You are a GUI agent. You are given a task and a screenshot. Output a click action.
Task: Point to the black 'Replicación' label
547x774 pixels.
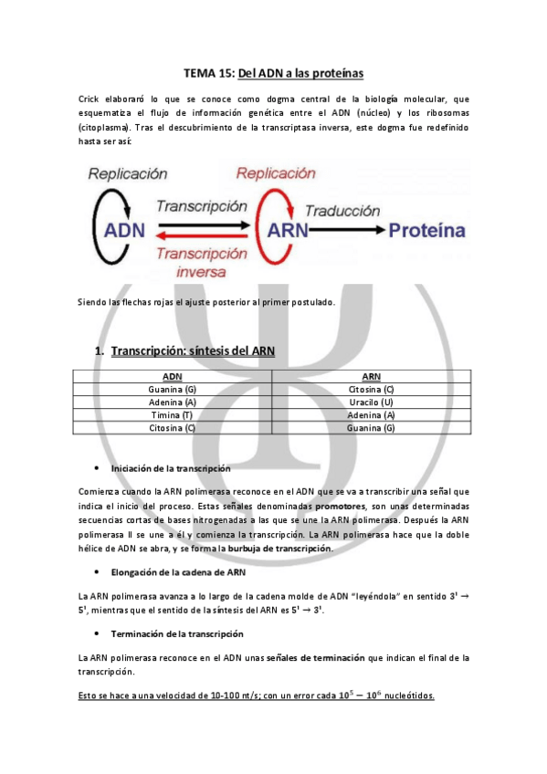click(128, 173)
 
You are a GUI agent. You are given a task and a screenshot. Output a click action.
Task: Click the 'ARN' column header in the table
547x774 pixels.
click(371, 376)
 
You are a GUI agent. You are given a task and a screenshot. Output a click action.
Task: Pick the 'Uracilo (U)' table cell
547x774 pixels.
click(371, 402)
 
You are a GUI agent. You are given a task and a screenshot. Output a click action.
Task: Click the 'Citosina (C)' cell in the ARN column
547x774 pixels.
click(371, 389)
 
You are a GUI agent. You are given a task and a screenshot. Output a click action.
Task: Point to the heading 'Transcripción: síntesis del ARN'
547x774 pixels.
click(192, 351)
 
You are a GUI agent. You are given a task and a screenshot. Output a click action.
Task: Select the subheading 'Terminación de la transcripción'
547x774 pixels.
click(177, 633)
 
